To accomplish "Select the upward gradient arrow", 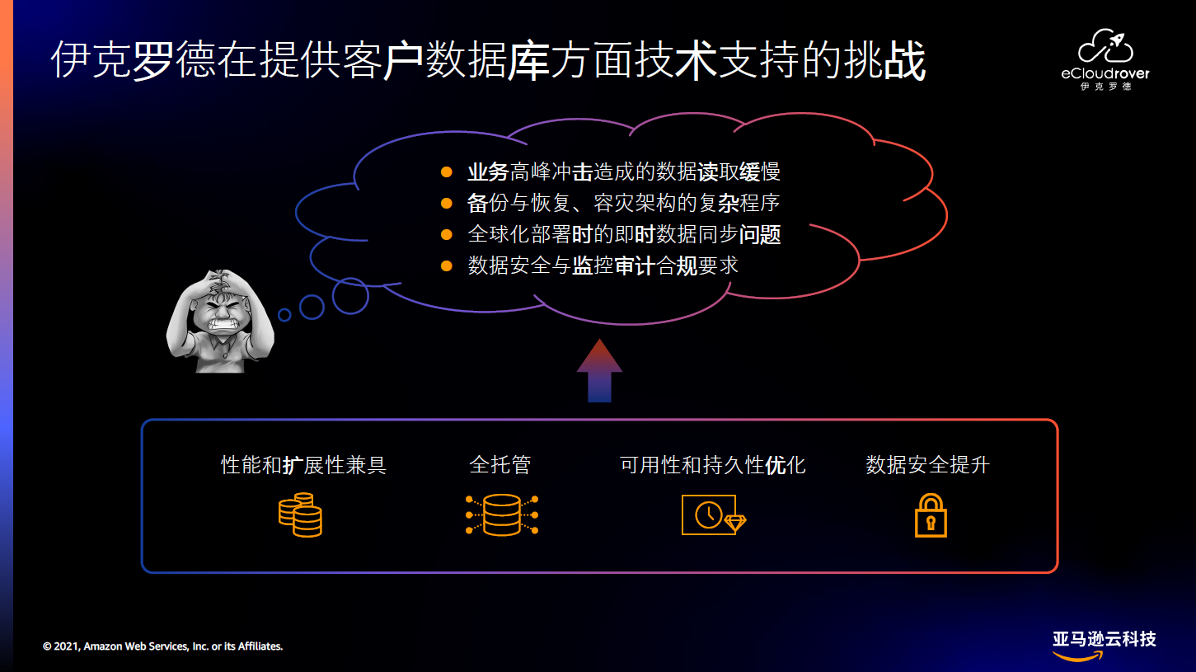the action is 599,370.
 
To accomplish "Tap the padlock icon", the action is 931,515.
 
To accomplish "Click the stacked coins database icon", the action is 300,515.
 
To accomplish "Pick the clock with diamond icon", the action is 713,515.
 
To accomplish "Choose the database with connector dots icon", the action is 502,515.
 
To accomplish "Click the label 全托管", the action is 500,465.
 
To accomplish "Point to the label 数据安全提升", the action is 928,465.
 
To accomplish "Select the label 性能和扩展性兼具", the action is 304,465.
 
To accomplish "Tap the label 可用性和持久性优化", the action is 713,465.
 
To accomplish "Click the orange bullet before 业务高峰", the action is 447,172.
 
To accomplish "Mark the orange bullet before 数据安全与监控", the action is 447,266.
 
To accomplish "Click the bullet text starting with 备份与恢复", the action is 624,203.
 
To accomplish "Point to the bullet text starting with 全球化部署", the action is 624,234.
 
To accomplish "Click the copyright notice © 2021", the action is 163,646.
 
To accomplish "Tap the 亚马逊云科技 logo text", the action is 1105,639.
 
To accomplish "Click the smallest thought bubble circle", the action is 284,315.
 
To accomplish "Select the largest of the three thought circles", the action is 350,296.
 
